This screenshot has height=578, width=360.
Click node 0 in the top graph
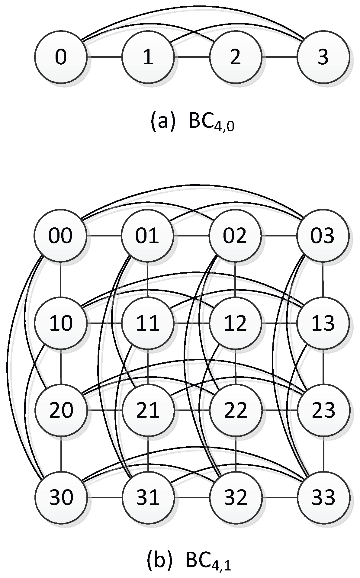61,57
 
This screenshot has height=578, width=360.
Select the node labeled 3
323,57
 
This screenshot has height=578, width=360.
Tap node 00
61,235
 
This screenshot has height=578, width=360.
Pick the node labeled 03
323,235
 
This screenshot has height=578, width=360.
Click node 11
148,323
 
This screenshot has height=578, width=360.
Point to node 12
235,323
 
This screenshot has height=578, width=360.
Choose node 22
235,410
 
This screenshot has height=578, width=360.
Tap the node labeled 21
148,410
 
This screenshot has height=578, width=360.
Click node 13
323,323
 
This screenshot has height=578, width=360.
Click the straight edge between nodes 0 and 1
104,57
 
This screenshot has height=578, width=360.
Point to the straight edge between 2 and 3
279,57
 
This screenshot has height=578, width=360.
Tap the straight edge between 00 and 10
61,279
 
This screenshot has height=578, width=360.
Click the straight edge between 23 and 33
323,454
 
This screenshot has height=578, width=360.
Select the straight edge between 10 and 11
104,323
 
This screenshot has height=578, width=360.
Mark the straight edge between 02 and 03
279,235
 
